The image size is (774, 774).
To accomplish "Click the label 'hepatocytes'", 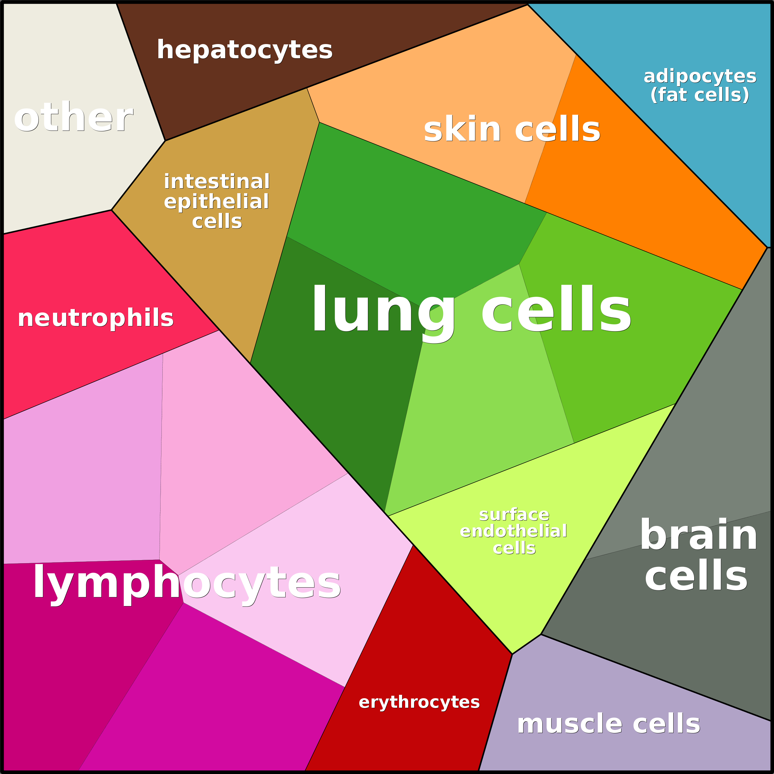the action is pos(244,50).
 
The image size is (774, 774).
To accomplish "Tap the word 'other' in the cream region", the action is pos(73,117).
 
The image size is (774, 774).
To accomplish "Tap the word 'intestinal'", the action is pos(217,181).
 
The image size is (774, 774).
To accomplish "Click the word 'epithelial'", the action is pos(216,202).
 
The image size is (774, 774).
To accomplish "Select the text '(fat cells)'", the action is pos(699,95).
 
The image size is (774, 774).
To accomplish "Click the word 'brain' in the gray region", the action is pos(699,534).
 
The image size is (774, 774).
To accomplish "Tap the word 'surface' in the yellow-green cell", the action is pos(514,514).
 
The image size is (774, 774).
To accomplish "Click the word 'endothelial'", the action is pos(513,531).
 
